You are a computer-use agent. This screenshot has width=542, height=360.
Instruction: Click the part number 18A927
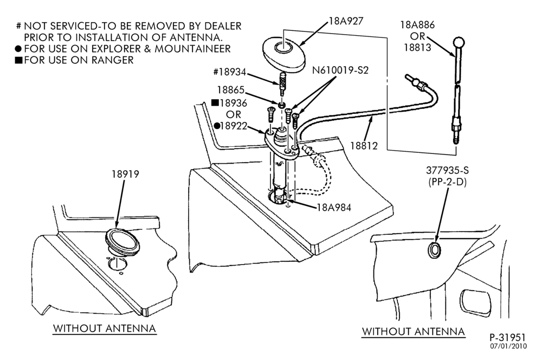(x=346, y=21)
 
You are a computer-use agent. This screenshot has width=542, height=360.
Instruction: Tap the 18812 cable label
(x=364, y=146)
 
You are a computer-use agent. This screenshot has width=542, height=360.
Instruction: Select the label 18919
(x=125, y=174)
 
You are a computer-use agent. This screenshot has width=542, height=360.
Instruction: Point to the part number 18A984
(x=334, y=208)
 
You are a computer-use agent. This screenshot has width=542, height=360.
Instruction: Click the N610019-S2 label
(x=340, y=70)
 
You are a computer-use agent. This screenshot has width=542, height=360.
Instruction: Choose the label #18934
(x=229, y=72)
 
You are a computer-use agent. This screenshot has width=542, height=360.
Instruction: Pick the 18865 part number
(x=230, y=90)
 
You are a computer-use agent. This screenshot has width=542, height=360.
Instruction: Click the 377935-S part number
(x=447, y=170)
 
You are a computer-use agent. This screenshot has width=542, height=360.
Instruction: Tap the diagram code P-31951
(x=507, y=337)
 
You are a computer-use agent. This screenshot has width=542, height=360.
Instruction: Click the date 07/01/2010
(x=508, y=346)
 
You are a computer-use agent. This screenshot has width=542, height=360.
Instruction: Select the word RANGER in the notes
(x=113, y=60)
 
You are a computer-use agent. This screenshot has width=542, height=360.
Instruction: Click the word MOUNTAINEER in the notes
(x=192, y=48)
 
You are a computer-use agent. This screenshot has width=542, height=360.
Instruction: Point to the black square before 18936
(x=215, y=102)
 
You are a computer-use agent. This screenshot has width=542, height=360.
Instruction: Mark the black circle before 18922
(x=217, y=126)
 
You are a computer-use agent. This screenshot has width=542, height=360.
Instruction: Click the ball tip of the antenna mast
(x=459, y=42)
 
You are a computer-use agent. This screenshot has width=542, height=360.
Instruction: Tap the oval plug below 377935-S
(x=434, y=250)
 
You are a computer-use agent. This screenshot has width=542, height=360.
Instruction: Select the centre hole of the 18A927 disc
(x=283, y=47)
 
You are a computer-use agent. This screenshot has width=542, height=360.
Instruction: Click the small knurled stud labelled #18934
(x=282, y=83)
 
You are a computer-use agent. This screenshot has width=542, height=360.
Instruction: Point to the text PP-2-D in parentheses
(x=447, y=182)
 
